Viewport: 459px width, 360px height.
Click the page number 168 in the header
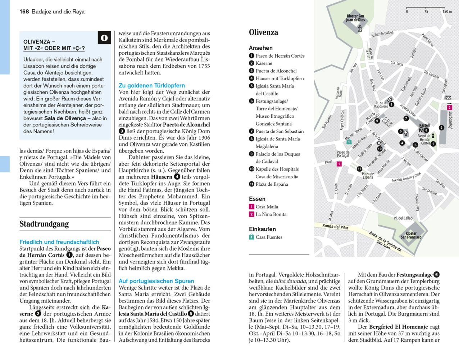24,12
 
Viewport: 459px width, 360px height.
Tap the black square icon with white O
104,38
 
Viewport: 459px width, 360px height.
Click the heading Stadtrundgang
44,224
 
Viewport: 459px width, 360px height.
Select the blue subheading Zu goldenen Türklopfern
152,85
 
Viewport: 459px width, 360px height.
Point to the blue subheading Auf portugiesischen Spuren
156,281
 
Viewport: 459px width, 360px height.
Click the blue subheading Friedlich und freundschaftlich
59,242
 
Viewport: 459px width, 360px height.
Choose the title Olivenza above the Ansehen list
264,32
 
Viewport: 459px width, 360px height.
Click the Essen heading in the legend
257,199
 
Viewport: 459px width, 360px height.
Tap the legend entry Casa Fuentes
269,237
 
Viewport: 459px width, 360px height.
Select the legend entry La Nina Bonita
271,214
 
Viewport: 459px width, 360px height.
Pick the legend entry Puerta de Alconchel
276,71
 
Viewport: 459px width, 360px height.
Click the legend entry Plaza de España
272,184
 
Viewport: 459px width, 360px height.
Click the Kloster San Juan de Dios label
355,18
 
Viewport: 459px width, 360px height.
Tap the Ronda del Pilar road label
335,226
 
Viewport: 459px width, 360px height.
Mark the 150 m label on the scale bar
447,12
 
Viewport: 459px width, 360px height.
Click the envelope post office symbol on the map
448,98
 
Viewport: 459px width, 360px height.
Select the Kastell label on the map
424,126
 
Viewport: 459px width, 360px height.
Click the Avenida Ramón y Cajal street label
406,177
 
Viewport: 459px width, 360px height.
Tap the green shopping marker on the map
349,142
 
